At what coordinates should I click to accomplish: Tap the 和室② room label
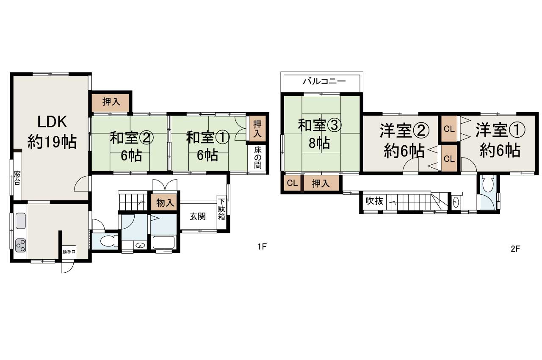click(131, 146)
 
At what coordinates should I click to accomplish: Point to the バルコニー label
click(324, 81)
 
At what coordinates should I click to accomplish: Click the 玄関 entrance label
click(197, 216)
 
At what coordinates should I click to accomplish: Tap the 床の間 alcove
click(258, 158)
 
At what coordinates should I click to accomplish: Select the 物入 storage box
click(165, 203)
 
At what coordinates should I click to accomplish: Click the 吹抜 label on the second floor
click(374, 201)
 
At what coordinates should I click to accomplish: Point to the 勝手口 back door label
click(69, 252)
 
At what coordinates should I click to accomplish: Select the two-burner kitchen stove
click(20, 245)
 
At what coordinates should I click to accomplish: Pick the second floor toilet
click(488, 184)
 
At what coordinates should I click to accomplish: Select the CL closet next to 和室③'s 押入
click(292, 183)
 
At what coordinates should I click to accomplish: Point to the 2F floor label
click(515, 249)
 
